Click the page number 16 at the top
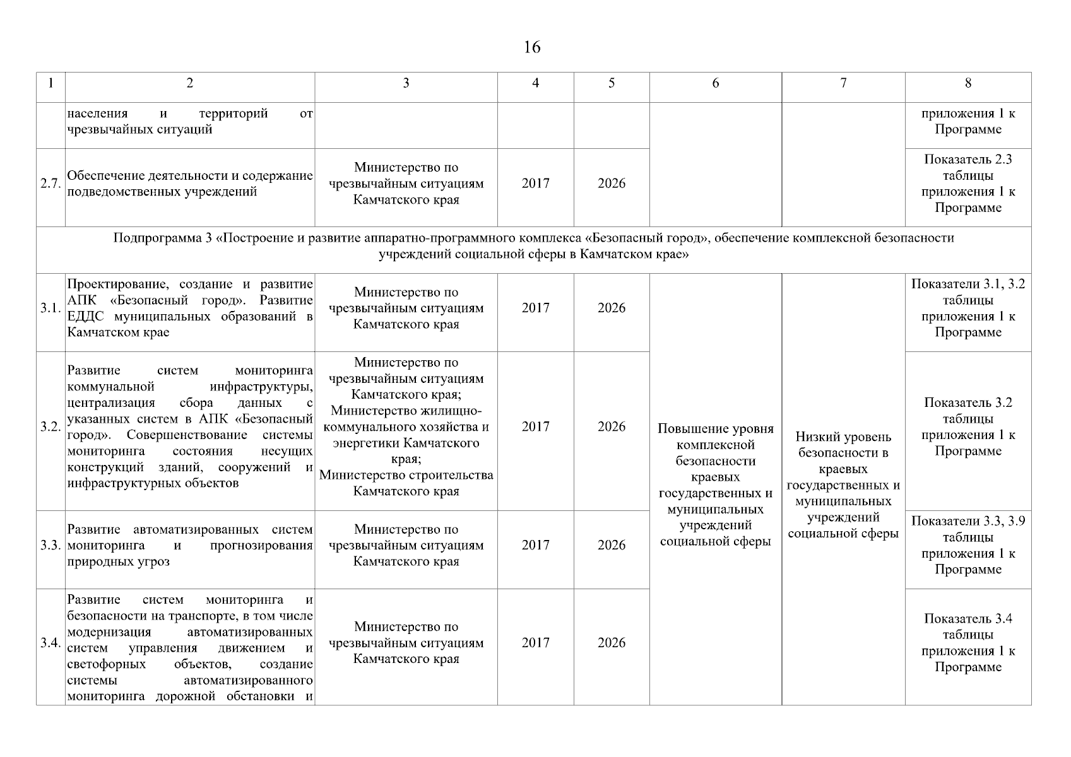[x=532, y=47]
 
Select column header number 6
[x=715, y=83]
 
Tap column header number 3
[x=406, y=83]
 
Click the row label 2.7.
[x=50, y=184]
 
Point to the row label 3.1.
[x=50, y=308]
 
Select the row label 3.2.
[x=50, y=426]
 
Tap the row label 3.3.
[x=50, y=545]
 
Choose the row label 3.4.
[x=50, y=643]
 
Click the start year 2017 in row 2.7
[x=535, y=184]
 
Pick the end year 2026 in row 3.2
[x=612, y=426]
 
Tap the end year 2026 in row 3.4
[x=612, y=643]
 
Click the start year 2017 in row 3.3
[x=535, y=545]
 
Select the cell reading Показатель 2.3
[x=968, y=160]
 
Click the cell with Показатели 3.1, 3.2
[x=968, y=285]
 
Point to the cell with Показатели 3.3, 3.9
[x=968, y=521]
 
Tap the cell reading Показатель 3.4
[x=968, y=619]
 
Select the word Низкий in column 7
[x=815, y=437]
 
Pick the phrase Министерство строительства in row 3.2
[x=406, y=475]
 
